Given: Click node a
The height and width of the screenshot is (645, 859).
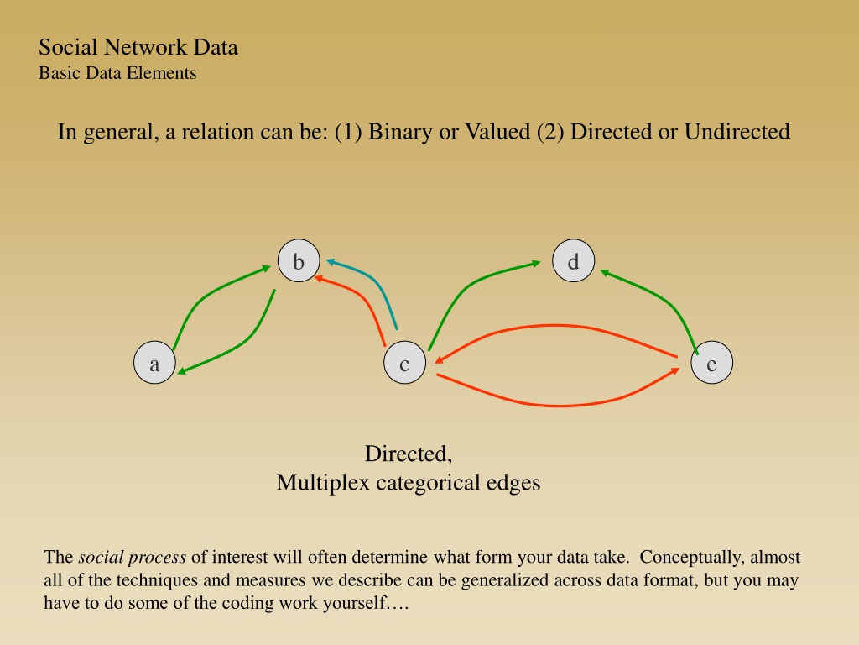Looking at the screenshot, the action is [155, 363].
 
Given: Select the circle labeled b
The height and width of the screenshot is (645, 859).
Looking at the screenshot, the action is [299, 260].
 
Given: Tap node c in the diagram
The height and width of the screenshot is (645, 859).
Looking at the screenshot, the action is [405, 363].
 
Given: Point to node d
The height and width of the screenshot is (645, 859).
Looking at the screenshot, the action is [574, 260].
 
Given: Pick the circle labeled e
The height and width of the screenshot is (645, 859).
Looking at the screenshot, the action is [711, 363].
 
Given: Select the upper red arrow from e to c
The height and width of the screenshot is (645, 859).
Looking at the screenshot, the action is [554, 326].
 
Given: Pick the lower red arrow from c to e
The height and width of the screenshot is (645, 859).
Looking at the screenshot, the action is [559, 406].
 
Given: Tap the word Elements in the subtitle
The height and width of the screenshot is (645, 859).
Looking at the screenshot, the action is [165, 73].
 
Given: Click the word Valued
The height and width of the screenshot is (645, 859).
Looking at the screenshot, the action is [497, 132].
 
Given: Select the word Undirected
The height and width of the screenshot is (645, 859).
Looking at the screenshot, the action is [737, 132].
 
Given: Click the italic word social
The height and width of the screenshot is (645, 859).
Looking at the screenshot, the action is [101, 557].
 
